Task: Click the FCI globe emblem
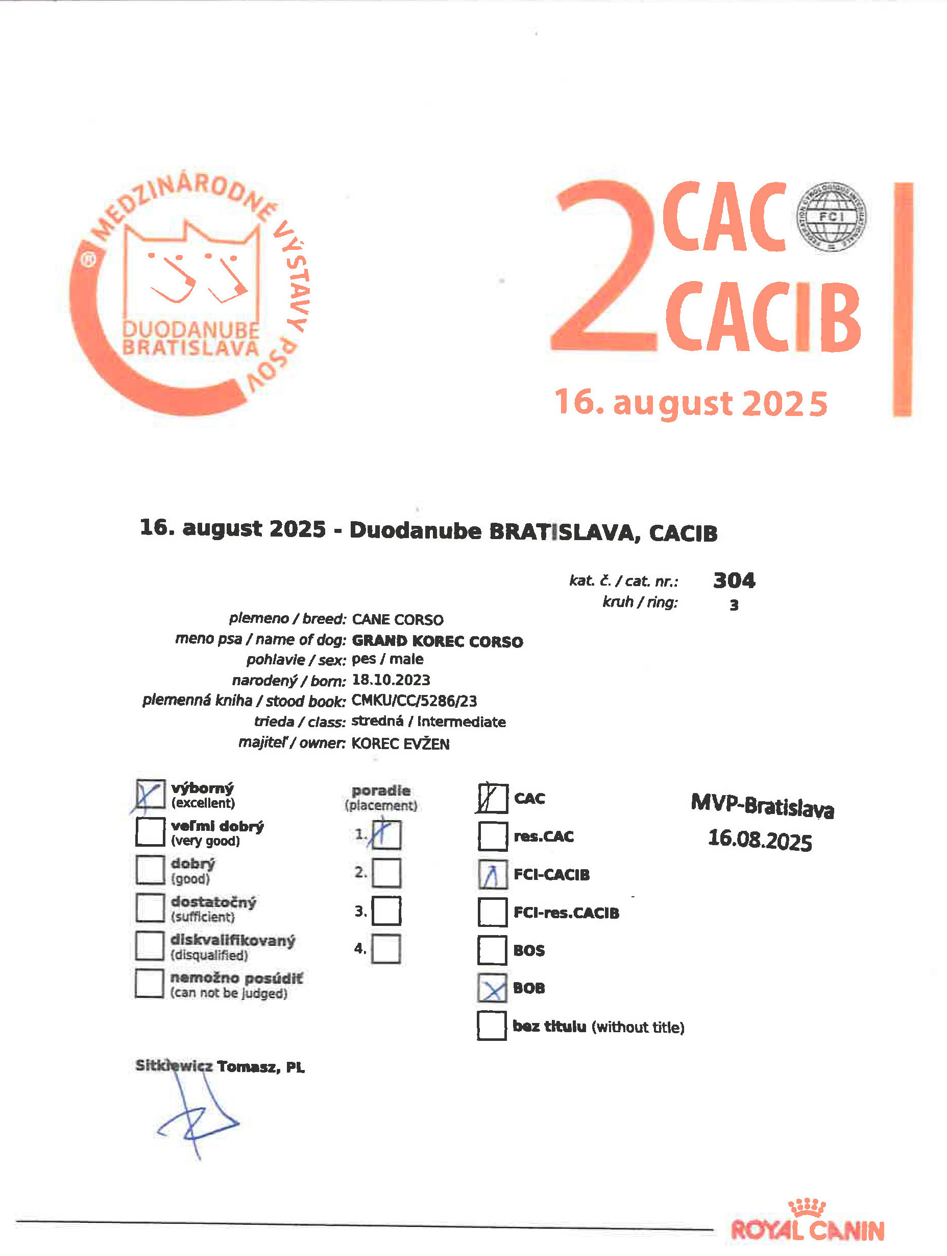point(831,217)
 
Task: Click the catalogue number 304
point(734,580)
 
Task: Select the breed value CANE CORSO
point(397,619)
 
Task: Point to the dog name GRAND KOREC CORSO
point(437,641)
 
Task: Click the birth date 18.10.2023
point(391,680)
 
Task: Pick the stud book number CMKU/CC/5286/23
point(414,701)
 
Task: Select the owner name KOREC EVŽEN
point(400,744)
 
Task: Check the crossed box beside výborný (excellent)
point(151,794)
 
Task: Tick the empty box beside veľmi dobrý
point(151,831)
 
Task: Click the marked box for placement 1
point(386,834)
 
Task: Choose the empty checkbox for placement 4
point(386,949)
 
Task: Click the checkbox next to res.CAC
point(492,836)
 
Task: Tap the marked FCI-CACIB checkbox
point(492,874)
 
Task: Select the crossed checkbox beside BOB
point(492,988)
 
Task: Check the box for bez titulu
point(492,1026)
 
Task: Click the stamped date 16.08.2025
point(760,840)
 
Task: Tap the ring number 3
point(734,606)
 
